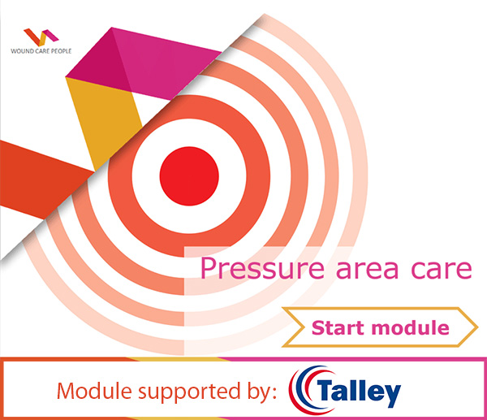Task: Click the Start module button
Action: pos(380,329)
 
